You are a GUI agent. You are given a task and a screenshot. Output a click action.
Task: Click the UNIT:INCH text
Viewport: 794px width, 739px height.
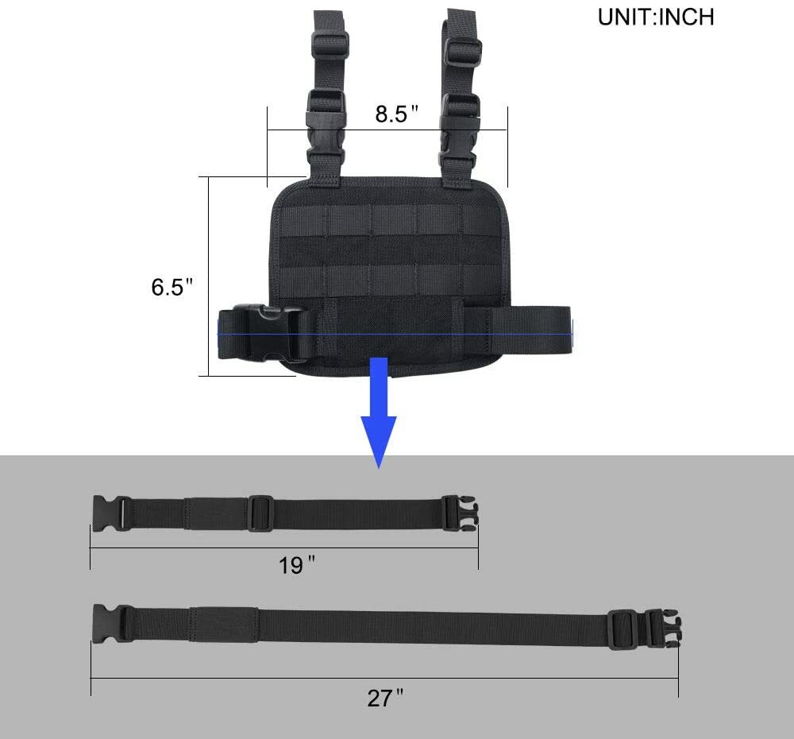(x=656, y=17)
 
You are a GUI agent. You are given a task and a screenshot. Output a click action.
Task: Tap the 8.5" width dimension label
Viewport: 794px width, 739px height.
(x=396, y=114)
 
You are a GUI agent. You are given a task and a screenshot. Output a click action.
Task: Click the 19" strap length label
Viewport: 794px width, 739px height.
(x=297, y=566)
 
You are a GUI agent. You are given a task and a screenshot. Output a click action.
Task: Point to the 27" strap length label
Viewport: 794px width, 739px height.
(x=385, y=698)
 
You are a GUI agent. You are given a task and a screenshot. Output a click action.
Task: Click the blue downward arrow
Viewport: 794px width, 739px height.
(x=379, y=413)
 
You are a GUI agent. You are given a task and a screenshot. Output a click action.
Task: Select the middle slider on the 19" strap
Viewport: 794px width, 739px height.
(x=260, y=513)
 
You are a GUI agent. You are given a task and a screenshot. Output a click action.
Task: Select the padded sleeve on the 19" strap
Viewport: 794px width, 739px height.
(x=214, y=513)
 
